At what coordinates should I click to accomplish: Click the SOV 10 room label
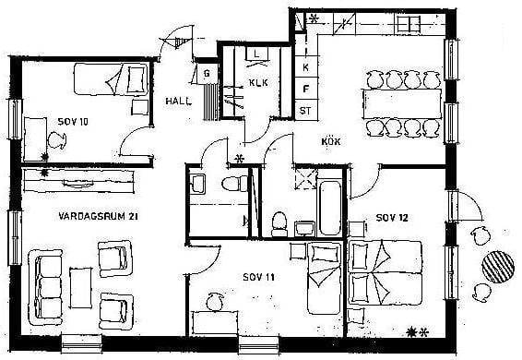pyautogui.click(x=73, y=122)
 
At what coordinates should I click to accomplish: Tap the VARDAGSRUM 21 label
pyautogui.click(x=98, y=216)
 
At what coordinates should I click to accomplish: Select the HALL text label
pyautogui.click(x=178, y=101)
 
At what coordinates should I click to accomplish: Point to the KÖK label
pyautogui.click(x=331, y=141)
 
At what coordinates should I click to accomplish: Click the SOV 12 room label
pyautogui.click(x=392, y=218)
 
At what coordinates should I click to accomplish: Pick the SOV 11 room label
pyautogui.click(x=258, y=277)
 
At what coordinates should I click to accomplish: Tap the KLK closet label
pyautogui.click(x=258, y=82)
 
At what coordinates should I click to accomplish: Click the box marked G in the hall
pyautogui.click(x=207, y=74)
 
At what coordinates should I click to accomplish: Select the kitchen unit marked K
pyautogui.click(x=306, y=67)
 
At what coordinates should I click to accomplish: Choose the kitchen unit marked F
pyautogui.click(x=306, y=89)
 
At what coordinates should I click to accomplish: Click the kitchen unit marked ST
pyautogui.click(x=306, y=110)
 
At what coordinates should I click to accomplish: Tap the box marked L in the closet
pyautogui.click(x=256, y=54)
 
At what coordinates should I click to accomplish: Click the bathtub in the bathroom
pyautogui.click(x=329, y=207)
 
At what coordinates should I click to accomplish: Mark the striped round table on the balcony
pyautogui.click(x=498, y=267)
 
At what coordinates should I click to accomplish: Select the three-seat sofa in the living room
pyautogui.click(x=46, y=287)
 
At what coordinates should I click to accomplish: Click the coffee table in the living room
pyautogui.click(x=81, y=288)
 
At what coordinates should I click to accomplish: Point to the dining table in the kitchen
pyautogui.click(x=401, y=103)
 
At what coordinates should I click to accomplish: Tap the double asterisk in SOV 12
pyautogui.click(x=418, y=332)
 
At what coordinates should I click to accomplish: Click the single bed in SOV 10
pyautogui.click(x=111, y=79)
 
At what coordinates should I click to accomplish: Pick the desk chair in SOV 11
pyautogui.click(x=215, y=301)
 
